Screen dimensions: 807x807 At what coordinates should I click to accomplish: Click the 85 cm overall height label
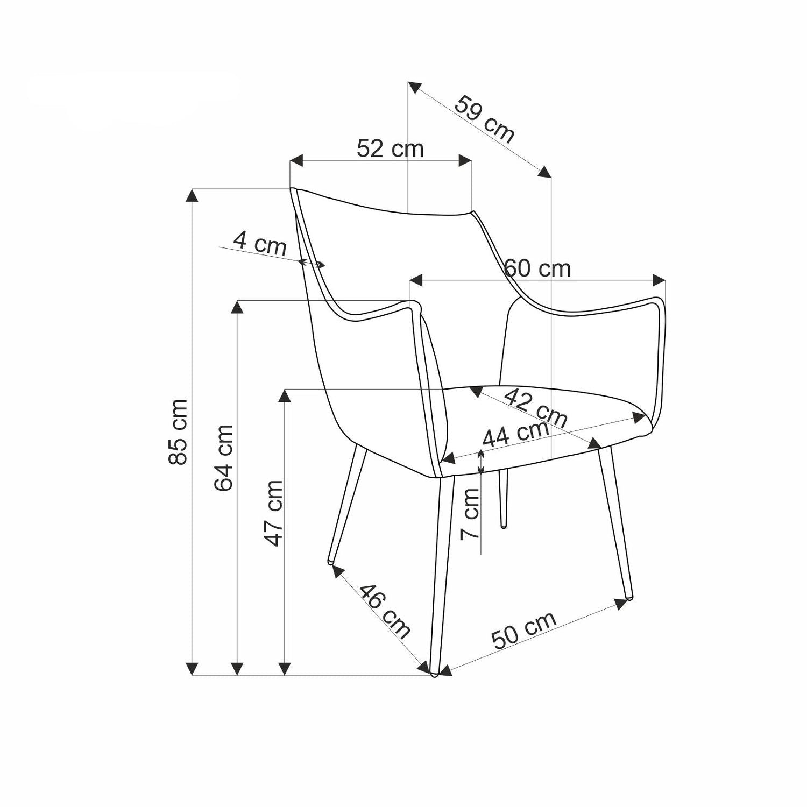click(x=178, y=431)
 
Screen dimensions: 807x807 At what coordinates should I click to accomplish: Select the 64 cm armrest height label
click(x=224, y=458)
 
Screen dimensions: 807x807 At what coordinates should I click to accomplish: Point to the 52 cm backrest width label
click(x=390, y=148)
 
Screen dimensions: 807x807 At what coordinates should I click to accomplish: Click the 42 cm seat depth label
click(x=536, y=407)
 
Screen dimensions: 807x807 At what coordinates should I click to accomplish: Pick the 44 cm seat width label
click(x=515, y=434)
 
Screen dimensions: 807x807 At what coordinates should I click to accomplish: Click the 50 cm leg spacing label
click(x=523, y=631)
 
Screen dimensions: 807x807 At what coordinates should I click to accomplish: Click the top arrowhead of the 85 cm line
click(x=192, y=194)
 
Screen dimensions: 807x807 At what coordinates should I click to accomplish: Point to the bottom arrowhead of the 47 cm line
click(x=285, y=669)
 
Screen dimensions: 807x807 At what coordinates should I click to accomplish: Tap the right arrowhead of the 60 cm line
click(x=659, y=280)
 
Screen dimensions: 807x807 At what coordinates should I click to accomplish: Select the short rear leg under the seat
click(x=503, y=498)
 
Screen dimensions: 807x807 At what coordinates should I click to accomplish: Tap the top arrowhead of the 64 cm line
click(x=237, y=306)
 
